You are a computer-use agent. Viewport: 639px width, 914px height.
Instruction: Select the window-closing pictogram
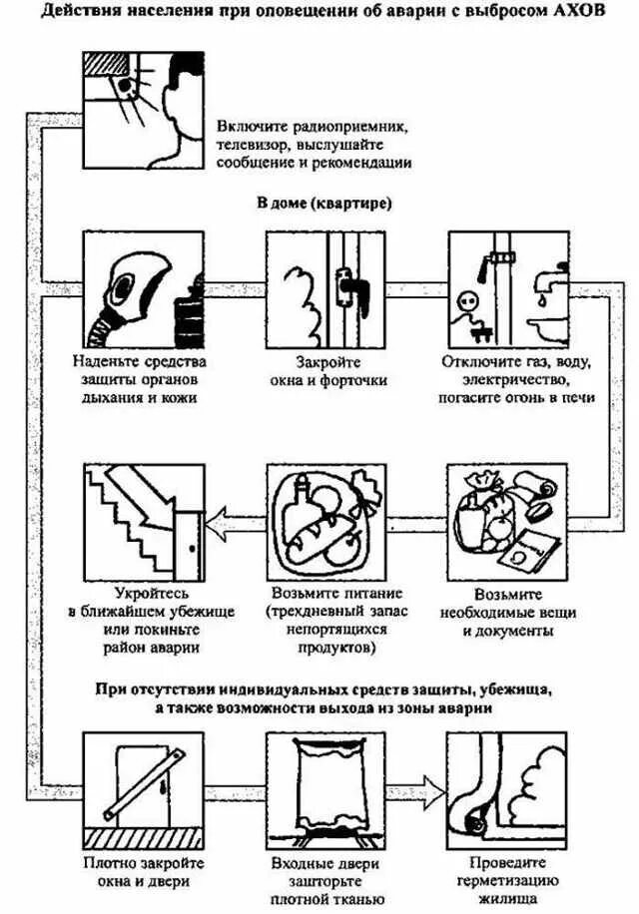click(326, 288)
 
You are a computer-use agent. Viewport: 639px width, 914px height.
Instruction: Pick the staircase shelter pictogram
click(140, 519)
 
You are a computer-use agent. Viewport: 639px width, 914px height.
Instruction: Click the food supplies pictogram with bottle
click(326, 520)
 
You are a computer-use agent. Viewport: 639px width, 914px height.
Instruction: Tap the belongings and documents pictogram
click(508, 520)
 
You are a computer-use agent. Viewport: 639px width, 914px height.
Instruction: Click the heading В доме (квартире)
click(324, 204)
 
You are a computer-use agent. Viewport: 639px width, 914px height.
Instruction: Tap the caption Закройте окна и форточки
click(327, 370)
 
